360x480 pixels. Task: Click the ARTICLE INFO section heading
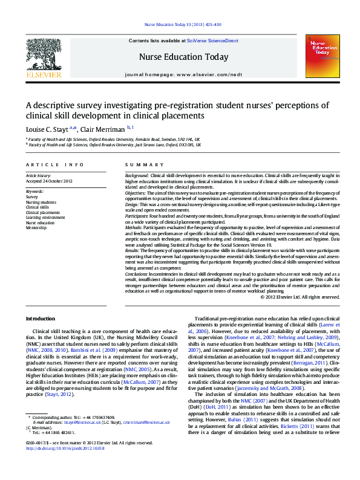click(x=54, y=164)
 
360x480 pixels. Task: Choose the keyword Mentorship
click(x=37, y=229)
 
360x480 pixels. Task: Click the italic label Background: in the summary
click(x=137, y=175)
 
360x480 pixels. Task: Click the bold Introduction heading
click(x=42, y=318)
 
